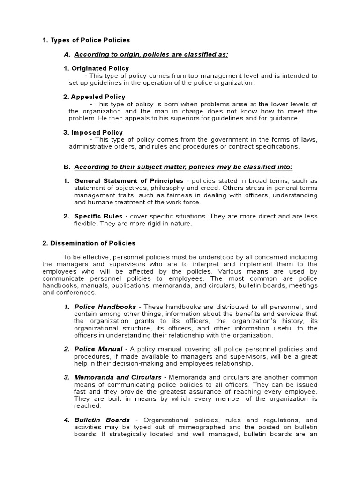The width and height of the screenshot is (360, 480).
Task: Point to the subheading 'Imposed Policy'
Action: point(93,132)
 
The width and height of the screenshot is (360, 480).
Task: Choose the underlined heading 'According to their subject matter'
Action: point(183,167)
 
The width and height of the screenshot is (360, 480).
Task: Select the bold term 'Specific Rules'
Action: point(97,216)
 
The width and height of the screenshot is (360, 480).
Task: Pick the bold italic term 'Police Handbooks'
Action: point(105,307)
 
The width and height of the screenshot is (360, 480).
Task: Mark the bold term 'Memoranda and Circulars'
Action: point(118,377)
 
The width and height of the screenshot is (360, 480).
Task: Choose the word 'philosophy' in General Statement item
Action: point(152,188)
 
